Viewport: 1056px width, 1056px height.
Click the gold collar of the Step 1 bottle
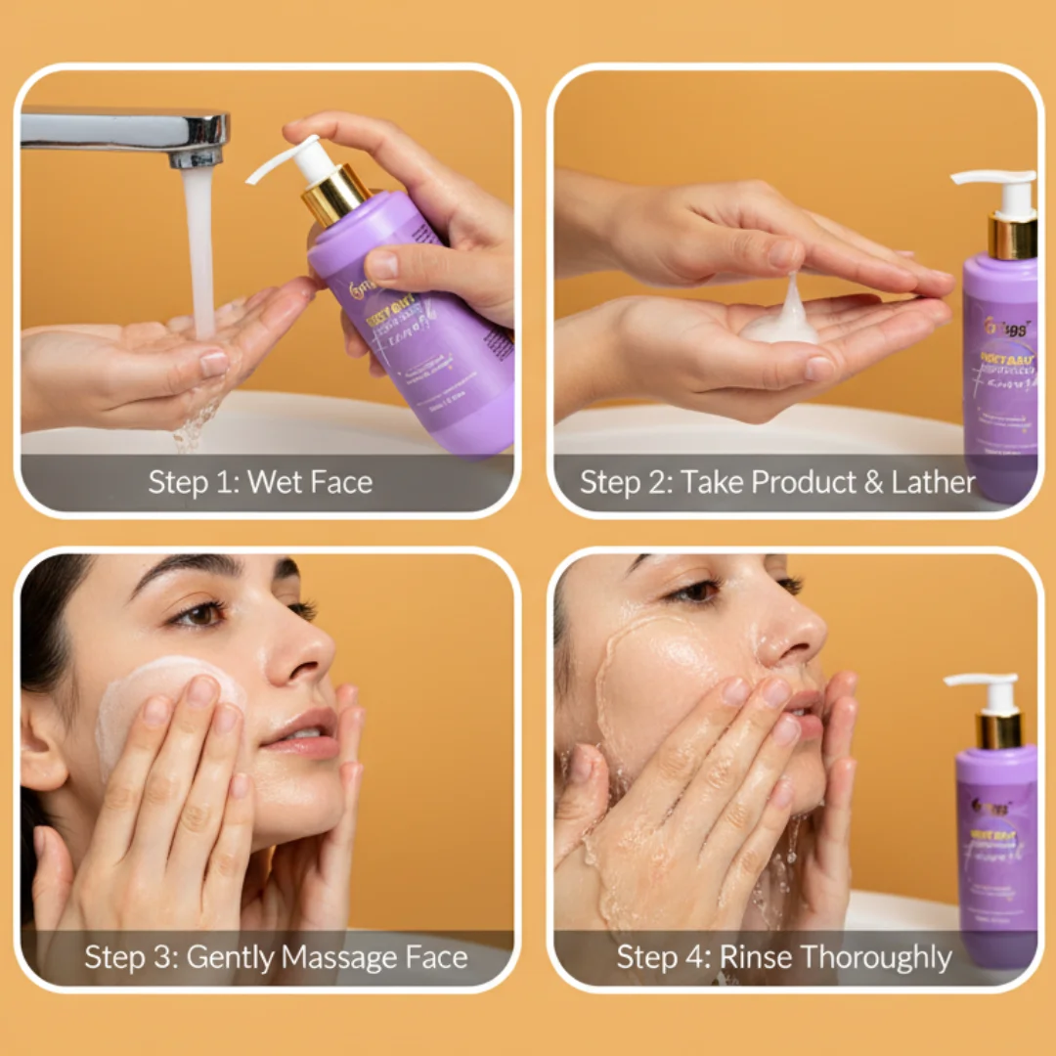335,196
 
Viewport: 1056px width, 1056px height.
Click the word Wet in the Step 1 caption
277,482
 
